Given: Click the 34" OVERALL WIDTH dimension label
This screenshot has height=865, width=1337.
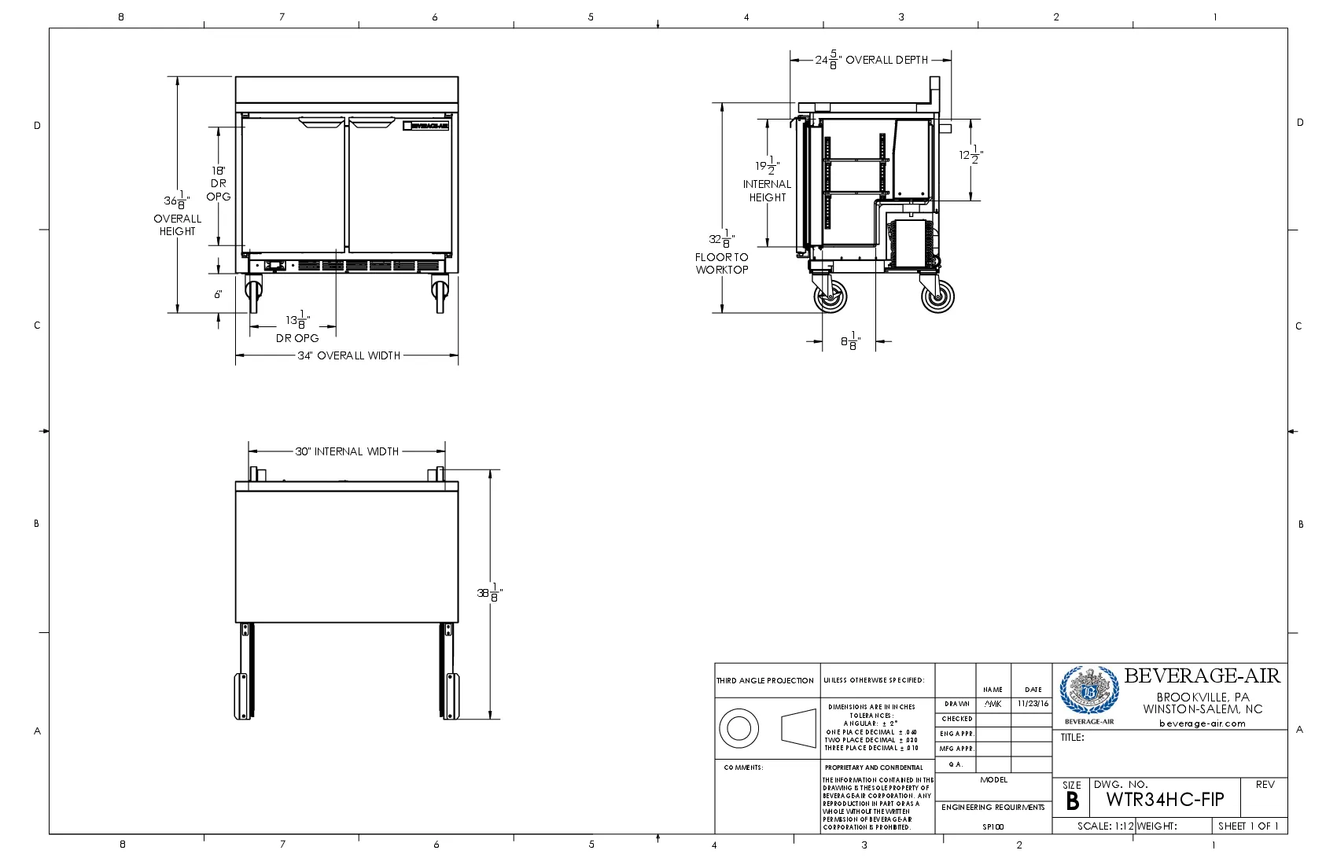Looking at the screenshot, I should (x=348, y=355).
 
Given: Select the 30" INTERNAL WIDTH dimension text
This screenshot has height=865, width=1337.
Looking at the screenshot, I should (x=347, y=451).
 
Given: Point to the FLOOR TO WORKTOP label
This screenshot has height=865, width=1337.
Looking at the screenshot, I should (x=721, y=263).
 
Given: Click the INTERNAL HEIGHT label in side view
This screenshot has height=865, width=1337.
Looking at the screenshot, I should (x=767, y=190).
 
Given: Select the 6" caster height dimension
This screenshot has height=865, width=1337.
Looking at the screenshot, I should (x=218, y=294).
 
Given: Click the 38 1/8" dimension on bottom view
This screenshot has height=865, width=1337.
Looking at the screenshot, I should (x=489, y=594).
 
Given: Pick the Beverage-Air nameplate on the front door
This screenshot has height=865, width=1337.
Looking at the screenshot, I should (x=425, y=125).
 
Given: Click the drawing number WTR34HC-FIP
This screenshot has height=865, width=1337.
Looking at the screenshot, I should (x=1165, y=800).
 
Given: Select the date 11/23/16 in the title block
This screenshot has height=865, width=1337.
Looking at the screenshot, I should (x=1032, y=704).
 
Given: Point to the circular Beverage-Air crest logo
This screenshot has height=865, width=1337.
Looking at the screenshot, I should (x=1088, y=691).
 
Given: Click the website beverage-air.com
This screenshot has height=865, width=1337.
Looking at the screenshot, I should (x=1202, y=723).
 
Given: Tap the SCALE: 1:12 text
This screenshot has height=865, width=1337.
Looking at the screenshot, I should (x=1105, y=826).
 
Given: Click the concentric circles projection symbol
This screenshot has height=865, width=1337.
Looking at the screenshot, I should (x=738, y=727).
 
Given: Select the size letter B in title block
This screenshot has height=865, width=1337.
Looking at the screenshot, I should (x=1071, y=802).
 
